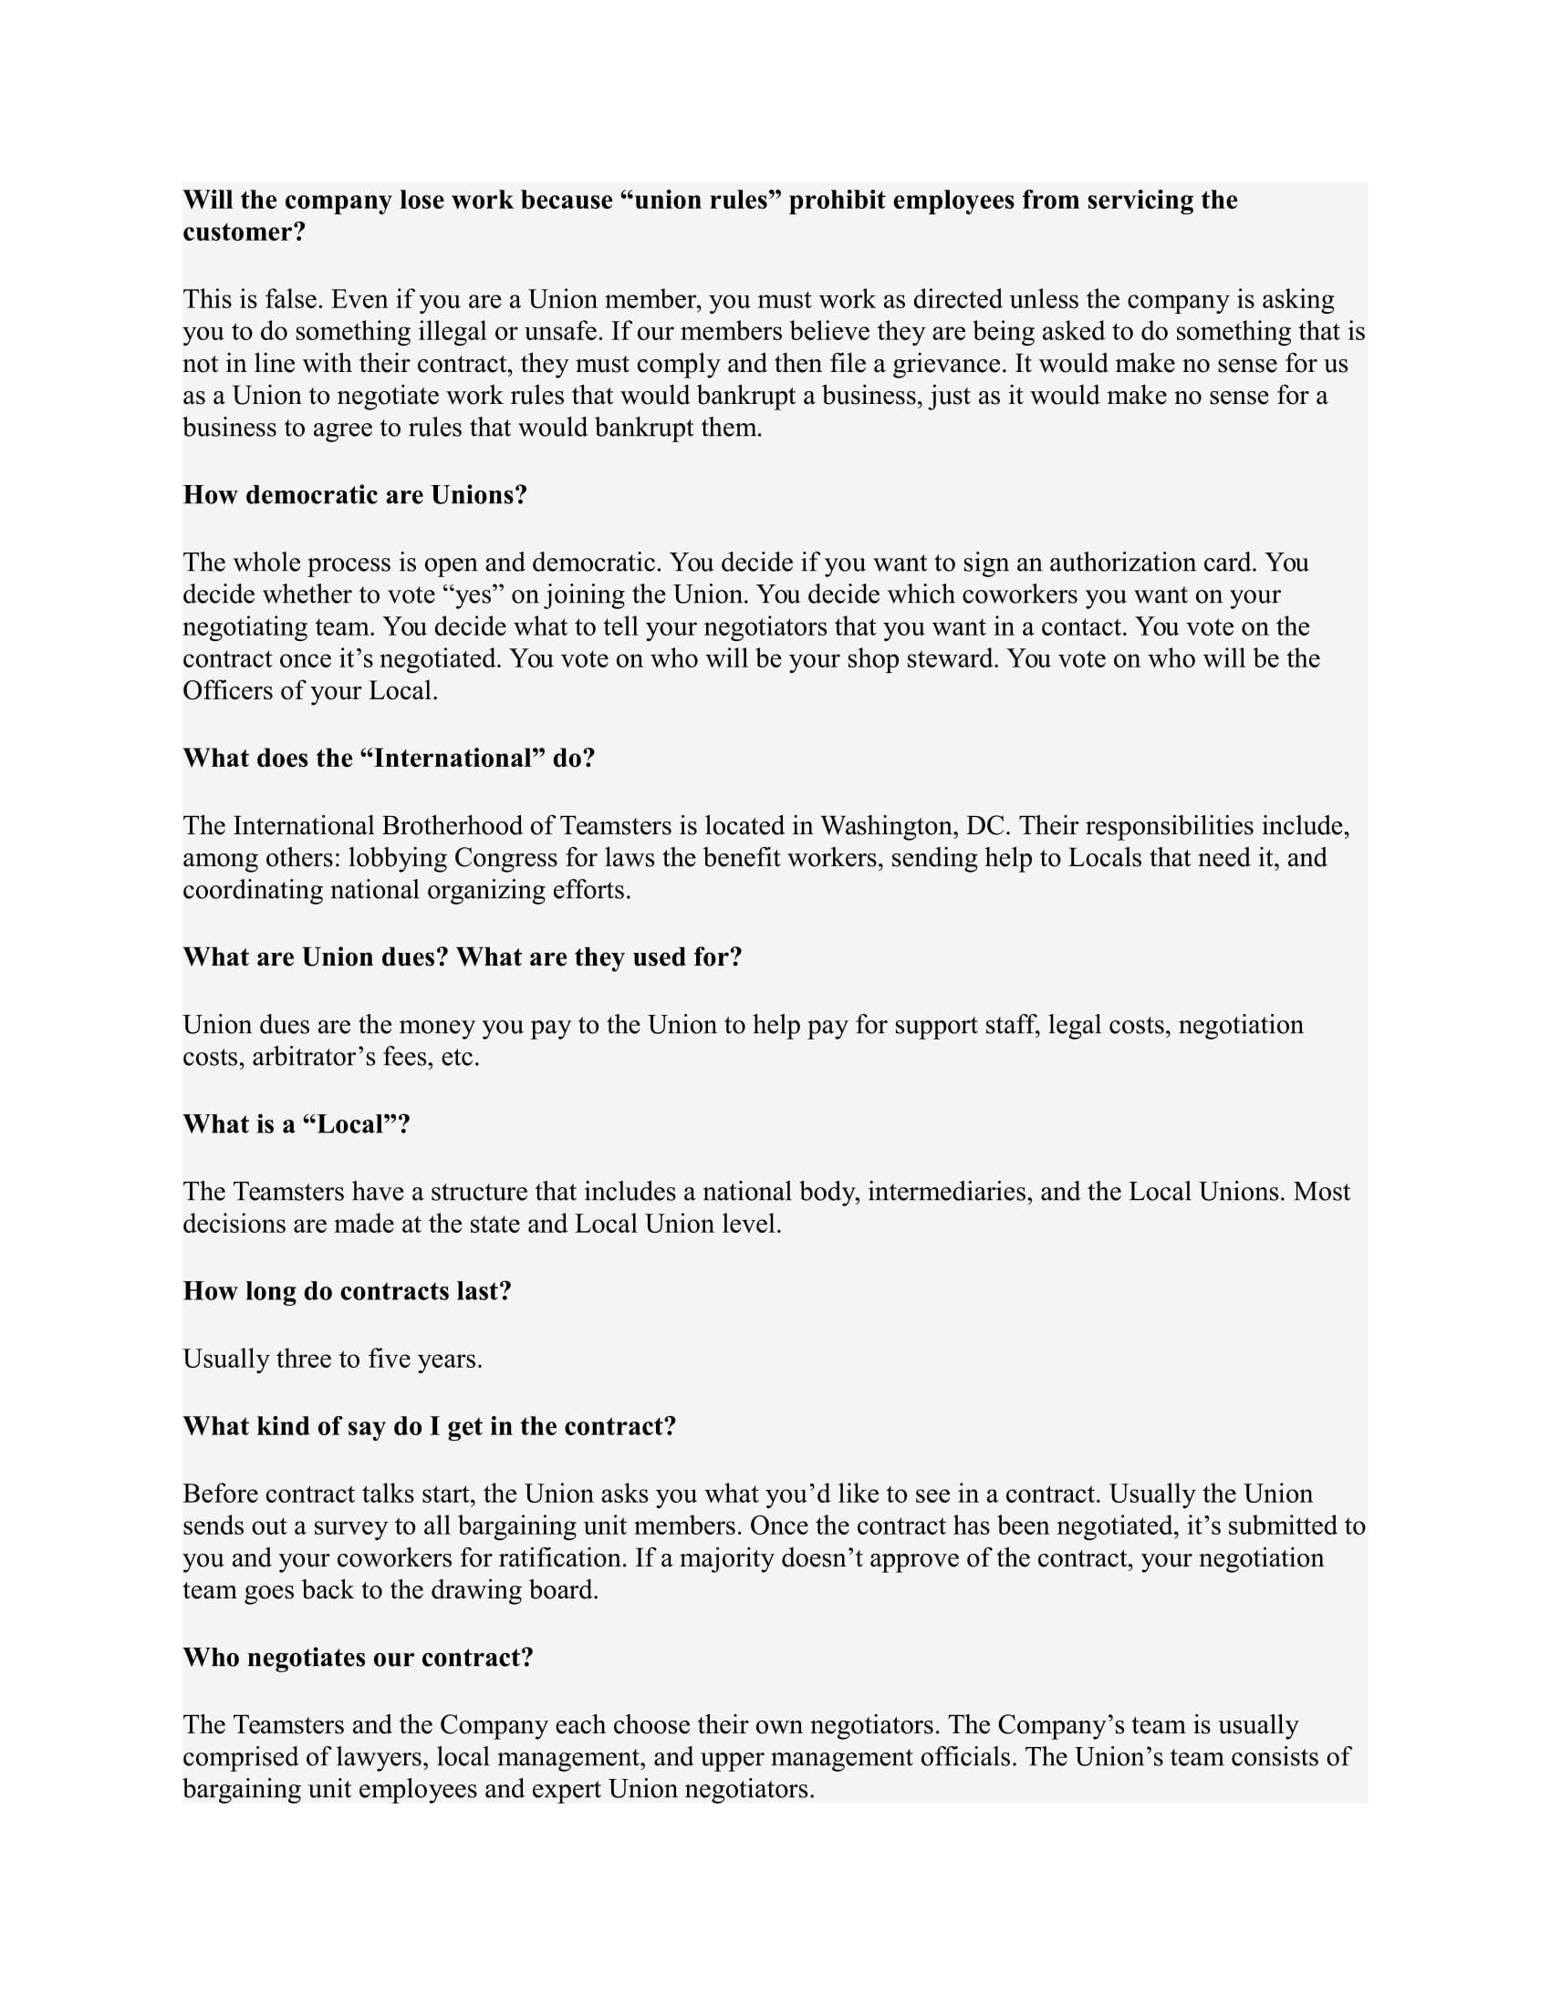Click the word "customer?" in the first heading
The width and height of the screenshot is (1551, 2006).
click(x=244, y=232)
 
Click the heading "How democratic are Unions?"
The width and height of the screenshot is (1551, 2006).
click(x=355, y=495)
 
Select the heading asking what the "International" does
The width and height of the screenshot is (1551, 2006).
click(x=389, y=758)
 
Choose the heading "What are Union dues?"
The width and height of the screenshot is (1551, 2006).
click(x=315, y=957)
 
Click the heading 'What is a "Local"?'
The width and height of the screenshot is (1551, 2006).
click(x=296, y=1124)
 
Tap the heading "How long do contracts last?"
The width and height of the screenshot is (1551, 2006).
click(x=347, y=1291)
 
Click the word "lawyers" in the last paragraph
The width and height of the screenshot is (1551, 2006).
click(x=379, y=1757)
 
